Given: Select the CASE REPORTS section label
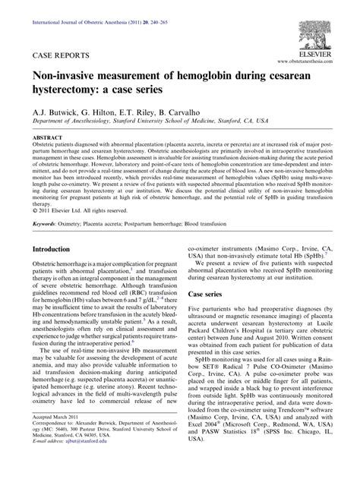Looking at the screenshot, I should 58,56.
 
